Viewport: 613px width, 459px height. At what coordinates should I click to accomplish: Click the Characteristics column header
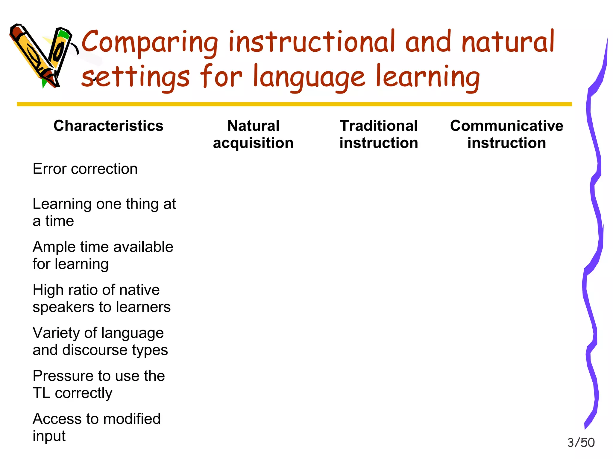(108, 126)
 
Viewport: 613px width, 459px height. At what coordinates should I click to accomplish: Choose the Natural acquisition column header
(253, 134)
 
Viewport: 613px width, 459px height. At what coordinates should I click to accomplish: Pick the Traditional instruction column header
(379, 134)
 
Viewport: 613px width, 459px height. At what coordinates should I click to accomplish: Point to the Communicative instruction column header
(506, 134)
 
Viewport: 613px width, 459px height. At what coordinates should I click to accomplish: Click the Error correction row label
(85, 169)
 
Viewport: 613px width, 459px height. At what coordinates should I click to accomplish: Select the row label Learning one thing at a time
(104, 212)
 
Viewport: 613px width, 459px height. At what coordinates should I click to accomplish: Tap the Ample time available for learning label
(103, 255)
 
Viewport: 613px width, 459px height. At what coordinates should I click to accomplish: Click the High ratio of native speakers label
(101, 298)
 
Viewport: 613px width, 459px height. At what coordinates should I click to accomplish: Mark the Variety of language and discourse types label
(100, 341)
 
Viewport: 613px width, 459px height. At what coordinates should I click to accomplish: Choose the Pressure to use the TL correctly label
(98, 384)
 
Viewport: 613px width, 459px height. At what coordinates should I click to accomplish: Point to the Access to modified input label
(96, 427)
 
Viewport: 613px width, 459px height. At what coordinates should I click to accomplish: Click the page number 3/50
(581, 443)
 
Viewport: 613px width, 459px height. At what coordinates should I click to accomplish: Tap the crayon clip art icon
(42, 55)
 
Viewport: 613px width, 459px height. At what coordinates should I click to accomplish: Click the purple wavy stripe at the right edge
(594, 239)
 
